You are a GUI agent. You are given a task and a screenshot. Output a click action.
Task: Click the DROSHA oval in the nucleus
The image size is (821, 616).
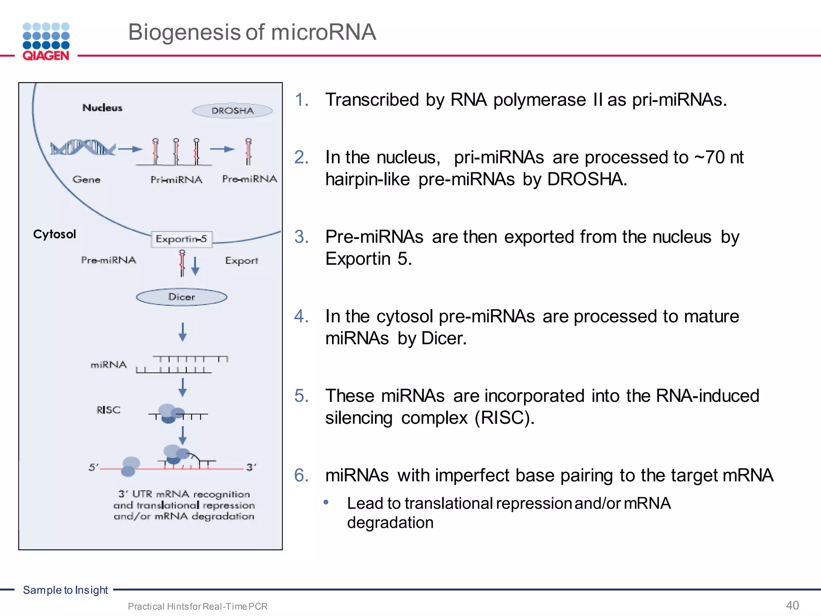[x=233, y=111]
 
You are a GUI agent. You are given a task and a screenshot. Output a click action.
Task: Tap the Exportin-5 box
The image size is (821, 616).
[x=182, y=239]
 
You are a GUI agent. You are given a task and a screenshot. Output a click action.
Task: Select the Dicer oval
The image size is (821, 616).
[x=182, y=297]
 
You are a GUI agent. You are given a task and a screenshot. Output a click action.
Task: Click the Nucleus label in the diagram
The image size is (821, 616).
[x=102, y=107]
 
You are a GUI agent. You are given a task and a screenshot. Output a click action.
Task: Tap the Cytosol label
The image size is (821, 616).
[x=55, y=234]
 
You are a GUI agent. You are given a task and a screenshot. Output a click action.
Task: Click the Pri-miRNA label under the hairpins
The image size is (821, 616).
[x=176, y=180]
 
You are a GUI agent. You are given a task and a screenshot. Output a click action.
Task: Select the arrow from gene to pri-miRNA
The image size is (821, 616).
[x=130, y=149]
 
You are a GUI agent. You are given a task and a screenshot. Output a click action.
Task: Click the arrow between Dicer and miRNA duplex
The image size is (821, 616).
[x=182, y=332]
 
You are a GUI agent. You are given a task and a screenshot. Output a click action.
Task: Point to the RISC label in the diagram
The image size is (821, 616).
[x=108, y=410]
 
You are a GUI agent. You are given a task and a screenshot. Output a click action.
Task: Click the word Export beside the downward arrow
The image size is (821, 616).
[x=242, y=261]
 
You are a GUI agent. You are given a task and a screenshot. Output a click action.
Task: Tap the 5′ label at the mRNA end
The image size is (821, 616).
[x=93, y=467]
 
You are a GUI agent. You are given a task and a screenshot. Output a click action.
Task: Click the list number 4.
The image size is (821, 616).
[x=301, y=316]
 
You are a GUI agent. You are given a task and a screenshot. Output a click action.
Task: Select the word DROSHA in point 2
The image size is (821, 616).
[x=586, y=179]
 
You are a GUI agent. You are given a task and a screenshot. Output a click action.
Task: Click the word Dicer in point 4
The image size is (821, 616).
[x=443, y=338]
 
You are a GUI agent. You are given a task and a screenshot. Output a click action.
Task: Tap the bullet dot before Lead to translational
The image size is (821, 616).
[x=326, y=502]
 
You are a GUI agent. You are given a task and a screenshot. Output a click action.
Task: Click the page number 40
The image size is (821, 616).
[x=792, y=605]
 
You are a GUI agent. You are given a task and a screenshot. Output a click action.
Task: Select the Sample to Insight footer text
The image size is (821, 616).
[x=65, y=590]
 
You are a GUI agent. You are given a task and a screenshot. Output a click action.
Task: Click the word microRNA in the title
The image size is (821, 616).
[x=323, y=32]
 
